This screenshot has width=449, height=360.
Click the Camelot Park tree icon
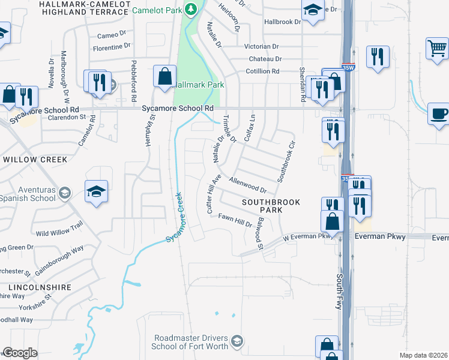tap(191, 10)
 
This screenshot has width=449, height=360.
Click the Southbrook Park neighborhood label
tap(271, 207)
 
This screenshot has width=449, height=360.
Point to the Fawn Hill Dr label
tap(235, 220)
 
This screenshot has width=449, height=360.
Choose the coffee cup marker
tap(438, 113)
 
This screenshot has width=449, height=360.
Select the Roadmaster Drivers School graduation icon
tap(237, 341)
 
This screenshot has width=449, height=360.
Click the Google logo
tap(20, 353)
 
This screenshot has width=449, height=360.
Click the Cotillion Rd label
tap(262, 71)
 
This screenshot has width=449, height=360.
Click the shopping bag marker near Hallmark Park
tap(164, 76)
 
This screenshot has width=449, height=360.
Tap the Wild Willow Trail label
tap(59, 230)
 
